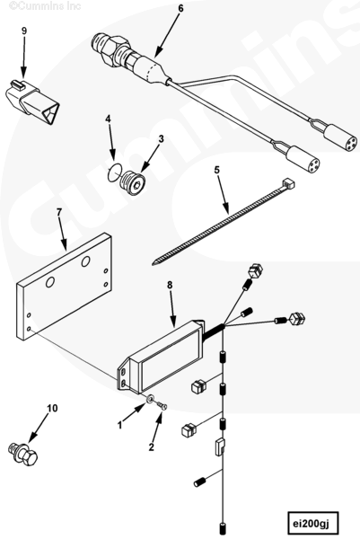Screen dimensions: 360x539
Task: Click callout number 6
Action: [180, 8]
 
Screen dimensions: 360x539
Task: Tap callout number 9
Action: [24, 31]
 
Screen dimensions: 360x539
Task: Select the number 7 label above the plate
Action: [58, 213]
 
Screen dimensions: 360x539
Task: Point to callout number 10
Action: [53, 408]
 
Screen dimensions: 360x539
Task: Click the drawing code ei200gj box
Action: [313, 524]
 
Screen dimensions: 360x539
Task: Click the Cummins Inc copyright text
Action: [45, 6]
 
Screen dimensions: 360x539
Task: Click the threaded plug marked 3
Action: [133, 182]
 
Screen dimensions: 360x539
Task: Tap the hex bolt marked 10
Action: [22, 454]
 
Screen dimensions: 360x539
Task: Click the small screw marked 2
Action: [162, 406]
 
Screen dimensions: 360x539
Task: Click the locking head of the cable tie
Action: [288, 183]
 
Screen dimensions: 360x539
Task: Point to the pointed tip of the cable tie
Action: [153, 263]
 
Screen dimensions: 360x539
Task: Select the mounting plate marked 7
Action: [64, 287]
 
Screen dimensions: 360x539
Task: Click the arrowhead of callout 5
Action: [226, 209]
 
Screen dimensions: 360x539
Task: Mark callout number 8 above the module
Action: [170, 285]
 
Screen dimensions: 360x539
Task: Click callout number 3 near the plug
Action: [161, 139]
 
